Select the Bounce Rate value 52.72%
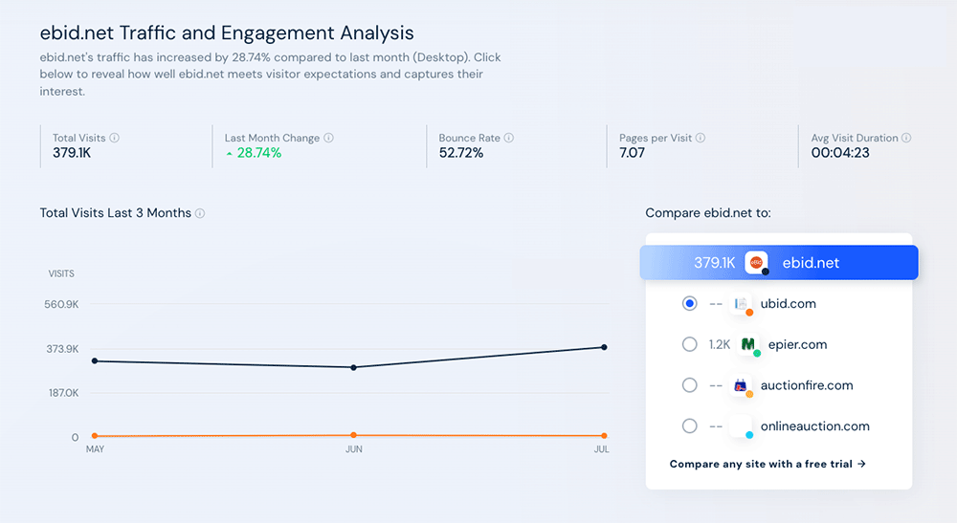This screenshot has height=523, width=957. tap(461, 153)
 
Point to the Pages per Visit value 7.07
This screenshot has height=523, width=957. tap(632, 153)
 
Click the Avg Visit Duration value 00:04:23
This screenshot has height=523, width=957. tap(840, 153)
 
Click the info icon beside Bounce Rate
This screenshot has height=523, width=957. tap(509, 138)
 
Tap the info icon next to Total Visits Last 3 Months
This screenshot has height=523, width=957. tap(200, 213)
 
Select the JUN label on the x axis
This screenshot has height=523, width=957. tap(353, 449)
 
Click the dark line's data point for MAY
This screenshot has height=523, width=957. tap(95, 360)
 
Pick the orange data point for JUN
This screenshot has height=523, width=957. tap(353, 435)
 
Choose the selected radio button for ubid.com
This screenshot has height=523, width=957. tap(689, 303)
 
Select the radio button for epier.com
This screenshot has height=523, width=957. tap(689, 344)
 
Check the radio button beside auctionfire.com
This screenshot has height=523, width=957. tap(689, 385)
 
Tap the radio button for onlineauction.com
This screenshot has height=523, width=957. tap(689, 426)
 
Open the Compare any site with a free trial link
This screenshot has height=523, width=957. tap(768, 464)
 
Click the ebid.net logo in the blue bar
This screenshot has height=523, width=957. tap(756, 263)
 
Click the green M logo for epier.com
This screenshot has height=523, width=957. tap(747, 344)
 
